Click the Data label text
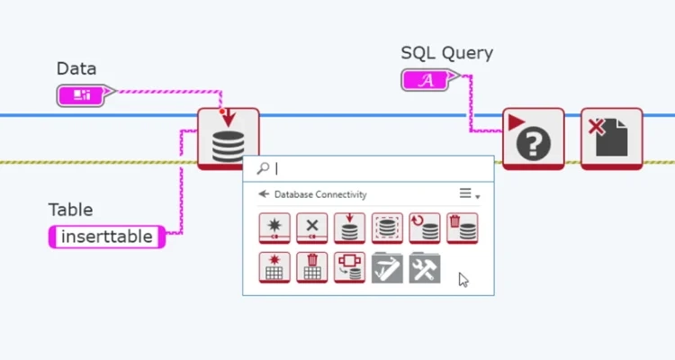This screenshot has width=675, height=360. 76,68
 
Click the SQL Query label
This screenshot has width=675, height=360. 446,52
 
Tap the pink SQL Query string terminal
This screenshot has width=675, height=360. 429,80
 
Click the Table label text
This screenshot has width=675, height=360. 70,210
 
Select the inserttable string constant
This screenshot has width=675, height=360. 107,237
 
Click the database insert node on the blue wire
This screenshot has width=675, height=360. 228,138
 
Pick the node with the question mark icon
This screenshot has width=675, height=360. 533,139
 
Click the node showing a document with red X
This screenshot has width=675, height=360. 611,139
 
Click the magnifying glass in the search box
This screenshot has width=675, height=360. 263,168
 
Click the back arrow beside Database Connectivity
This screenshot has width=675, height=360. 264,193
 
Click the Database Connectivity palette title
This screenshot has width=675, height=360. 320,194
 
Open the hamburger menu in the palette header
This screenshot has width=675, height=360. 466,193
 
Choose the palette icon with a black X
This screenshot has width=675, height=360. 312,228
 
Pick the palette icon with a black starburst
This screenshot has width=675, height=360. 274,228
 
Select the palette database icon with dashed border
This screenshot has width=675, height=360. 387,228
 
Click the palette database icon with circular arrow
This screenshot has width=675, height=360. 425,228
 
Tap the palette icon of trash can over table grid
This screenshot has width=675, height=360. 312,267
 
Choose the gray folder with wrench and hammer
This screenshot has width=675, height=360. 425,267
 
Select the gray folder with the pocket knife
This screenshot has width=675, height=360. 387,267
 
